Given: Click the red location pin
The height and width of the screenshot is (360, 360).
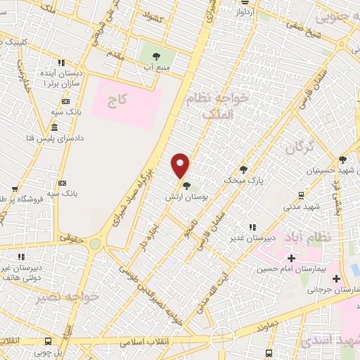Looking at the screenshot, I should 181,165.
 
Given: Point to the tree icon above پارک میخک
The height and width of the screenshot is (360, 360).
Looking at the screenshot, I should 243,169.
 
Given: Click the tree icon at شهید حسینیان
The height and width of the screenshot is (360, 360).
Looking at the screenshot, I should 342,160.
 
